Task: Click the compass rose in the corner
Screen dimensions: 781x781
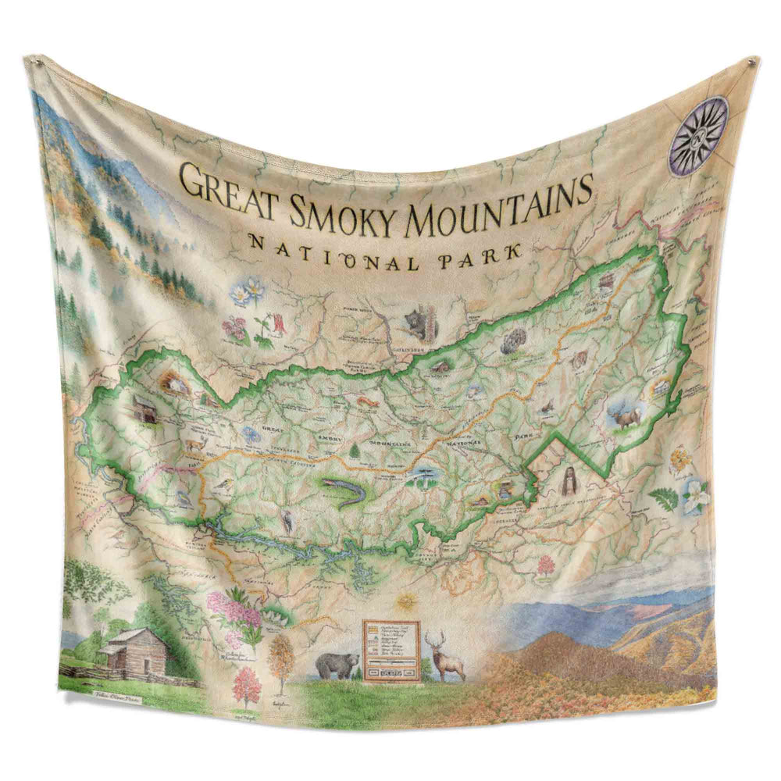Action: point(699,135)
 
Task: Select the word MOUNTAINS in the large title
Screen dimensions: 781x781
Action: point(498,203)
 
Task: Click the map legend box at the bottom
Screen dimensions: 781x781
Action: point(390,651)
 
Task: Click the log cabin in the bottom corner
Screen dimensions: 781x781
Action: point(134,652)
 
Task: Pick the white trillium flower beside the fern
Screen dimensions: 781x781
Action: point(694,495)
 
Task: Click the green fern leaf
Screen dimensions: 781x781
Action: point(664,497)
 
